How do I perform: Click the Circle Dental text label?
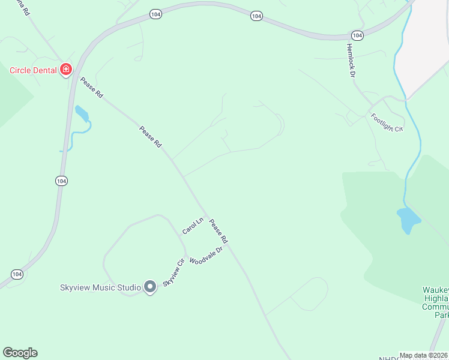coord(33,70)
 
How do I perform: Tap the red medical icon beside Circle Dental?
coord(66,70)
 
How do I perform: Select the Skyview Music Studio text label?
coord(100,287)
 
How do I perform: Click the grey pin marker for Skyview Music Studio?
coord(150,287)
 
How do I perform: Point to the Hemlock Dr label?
coord(352,60)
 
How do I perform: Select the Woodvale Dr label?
coord(206,254)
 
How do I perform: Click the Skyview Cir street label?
coord(172,272)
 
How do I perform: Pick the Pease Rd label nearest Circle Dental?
coord(92,88)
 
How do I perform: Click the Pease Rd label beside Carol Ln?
coord(218,232)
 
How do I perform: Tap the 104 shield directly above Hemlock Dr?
coord(357,35)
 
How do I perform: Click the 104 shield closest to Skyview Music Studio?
coord(17,274)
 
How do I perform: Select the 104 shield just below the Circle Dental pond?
coord(61,181)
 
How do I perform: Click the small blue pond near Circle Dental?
coord(82,113)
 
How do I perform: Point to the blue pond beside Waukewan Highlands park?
coord(408,220)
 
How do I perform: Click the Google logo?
coord(20,353)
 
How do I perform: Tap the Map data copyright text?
coord(423,355)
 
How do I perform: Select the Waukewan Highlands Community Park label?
coord(435,302)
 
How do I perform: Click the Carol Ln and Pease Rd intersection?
coord(206,215)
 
